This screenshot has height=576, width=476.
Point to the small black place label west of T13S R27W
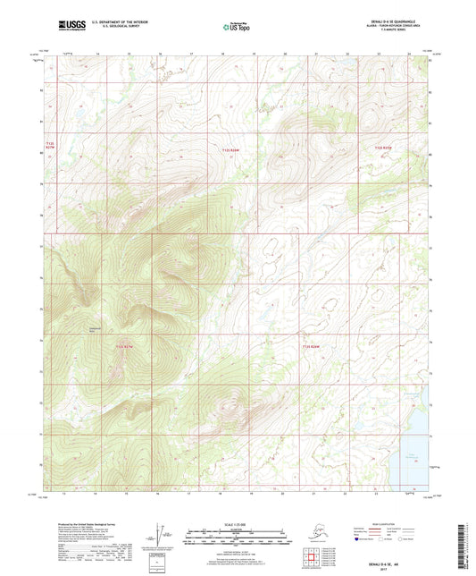(93, 330)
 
